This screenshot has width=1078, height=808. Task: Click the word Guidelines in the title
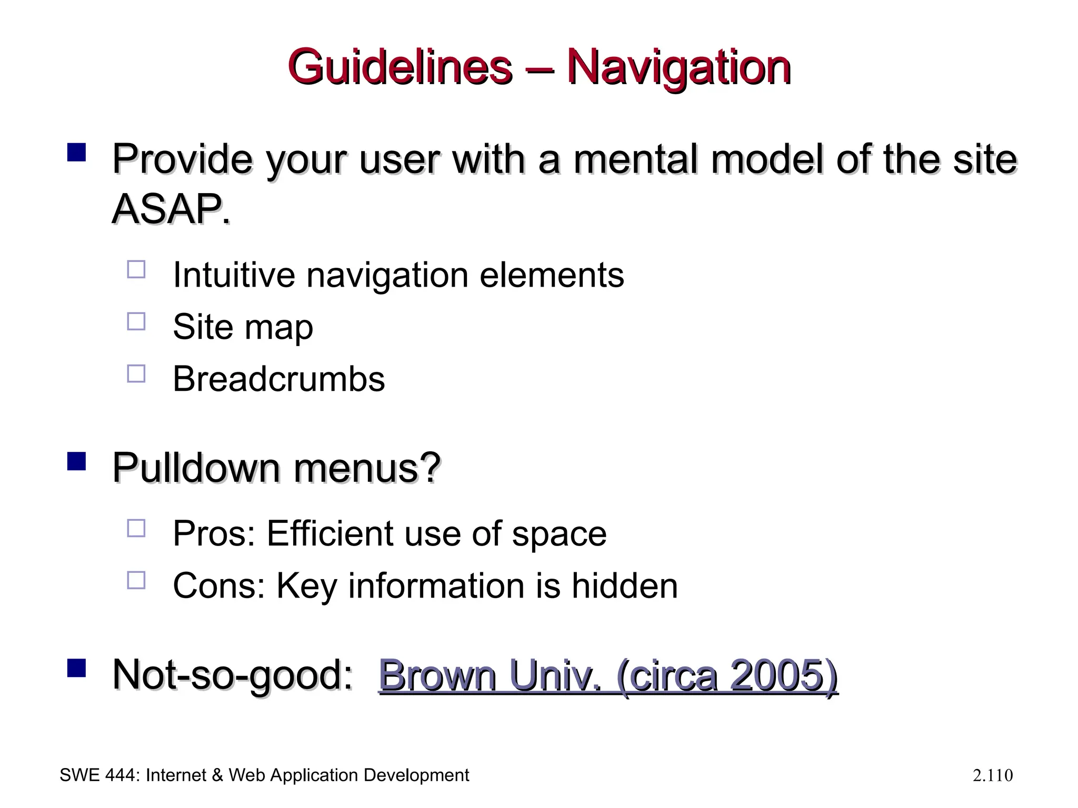(x=400, y=67)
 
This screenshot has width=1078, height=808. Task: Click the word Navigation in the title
(x=678, y=67)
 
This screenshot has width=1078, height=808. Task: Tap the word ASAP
(x=171, y=209)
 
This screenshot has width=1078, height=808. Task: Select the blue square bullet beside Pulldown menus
(x=77, y=461)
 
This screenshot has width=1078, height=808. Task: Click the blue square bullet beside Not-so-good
(x=77, y=668)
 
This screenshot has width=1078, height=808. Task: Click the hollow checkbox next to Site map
(x=136, y=321)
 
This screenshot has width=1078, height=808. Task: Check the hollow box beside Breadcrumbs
(x=136, y=373)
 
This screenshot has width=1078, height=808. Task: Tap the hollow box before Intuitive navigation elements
(x=136, y=269)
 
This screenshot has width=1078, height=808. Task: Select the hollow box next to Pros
(x=136, y=528)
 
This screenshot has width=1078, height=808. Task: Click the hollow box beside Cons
(x=136, y=580)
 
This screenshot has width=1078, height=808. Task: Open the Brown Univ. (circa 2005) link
(x=608, y=675)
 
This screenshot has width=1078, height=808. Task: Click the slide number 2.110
(x=993, y=775)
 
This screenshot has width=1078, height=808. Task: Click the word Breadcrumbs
(x=278, y=379)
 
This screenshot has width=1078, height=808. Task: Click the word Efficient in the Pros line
(x=330, y=533)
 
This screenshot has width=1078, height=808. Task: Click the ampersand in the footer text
(x=217, y=775)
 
